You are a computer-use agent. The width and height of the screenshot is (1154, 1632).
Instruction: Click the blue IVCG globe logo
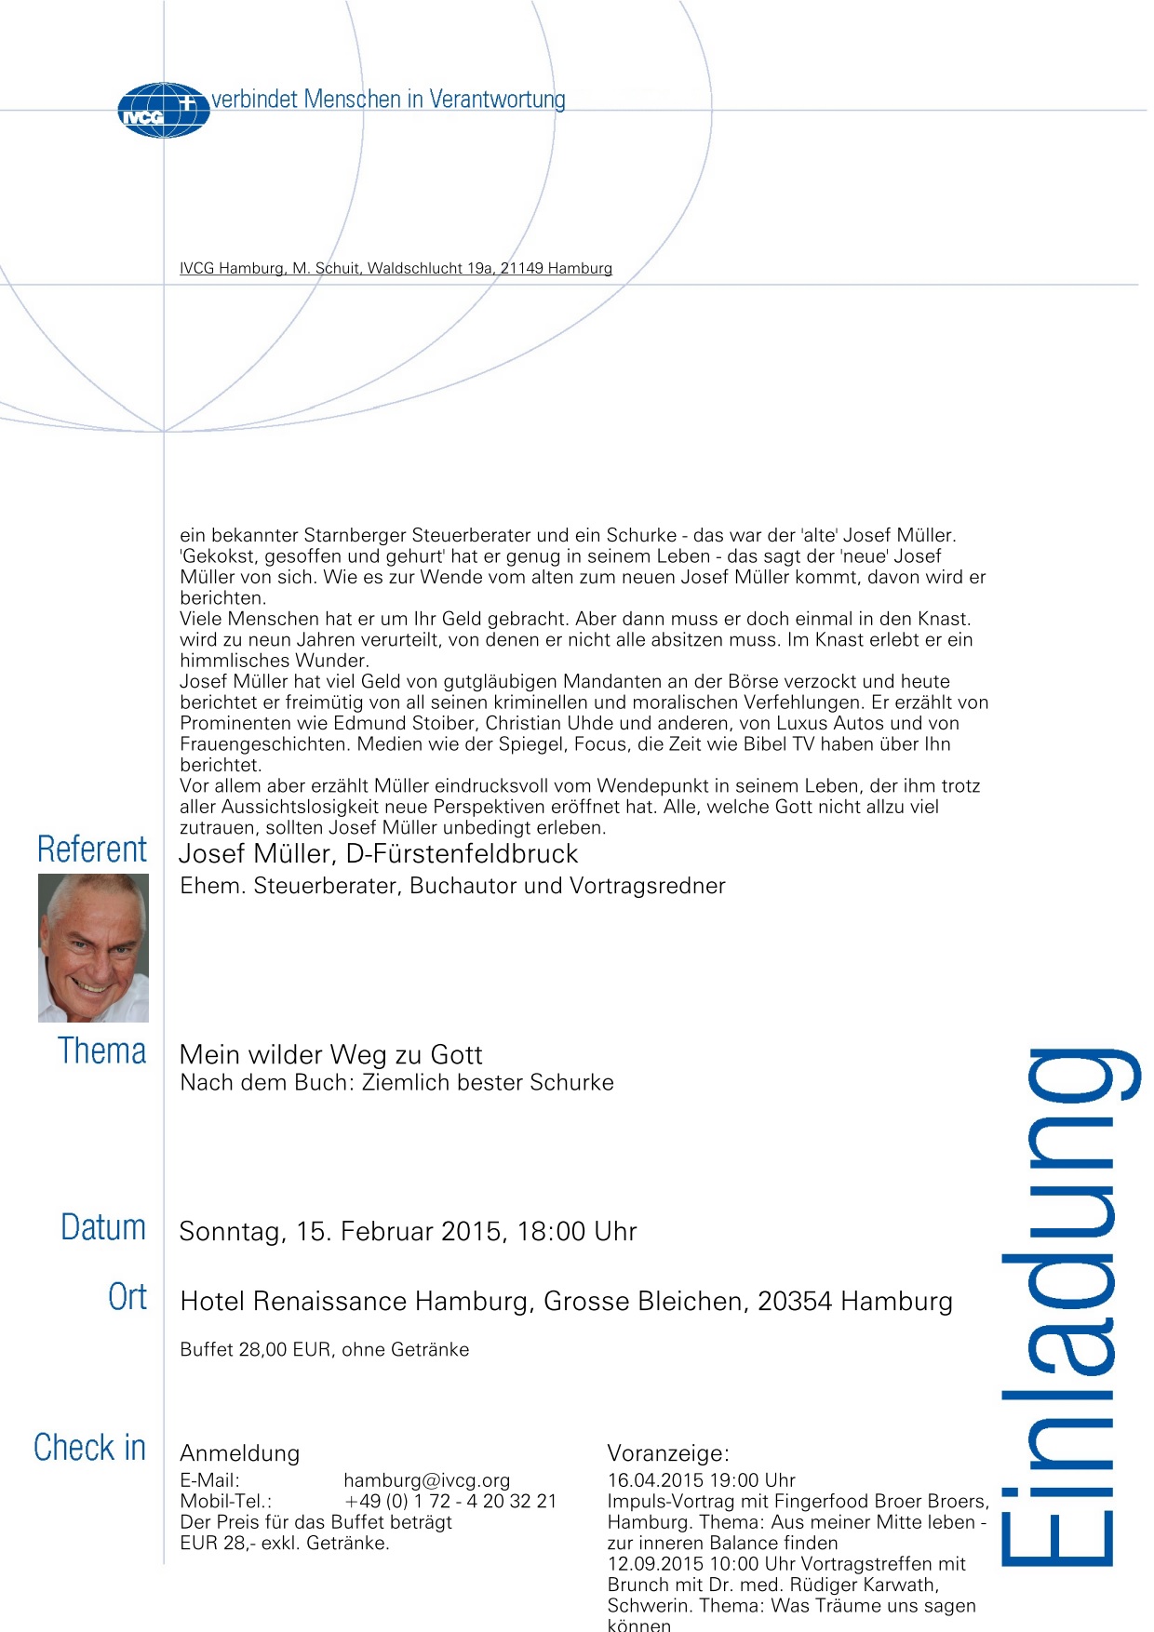pos(163,111)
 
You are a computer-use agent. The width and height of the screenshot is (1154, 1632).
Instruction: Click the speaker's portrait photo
pos(93,947)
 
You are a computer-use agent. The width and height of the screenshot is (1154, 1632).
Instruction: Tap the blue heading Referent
pos(92,849)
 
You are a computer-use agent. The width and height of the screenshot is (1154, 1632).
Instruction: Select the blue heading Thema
pos(102,1051)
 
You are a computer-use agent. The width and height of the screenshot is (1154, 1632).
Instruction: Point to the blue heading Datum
pos(103,1228)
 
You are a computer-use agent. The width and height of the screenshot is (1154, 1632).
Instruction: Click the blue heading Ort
pos(127,1297)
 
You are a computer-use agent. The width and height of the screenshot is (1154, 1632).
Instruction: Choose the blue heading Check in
pos(90,1448)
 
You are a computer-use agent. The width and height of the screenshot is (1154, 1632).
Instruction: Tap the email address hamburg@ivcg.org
pos(426,1480)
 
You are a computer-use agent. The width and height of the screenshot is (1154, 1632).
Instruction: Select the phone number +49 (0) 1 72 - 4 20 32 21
pos(450,1501)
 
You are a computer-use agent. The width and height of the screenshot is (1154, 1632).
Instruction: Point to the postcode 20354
pos(795,1302)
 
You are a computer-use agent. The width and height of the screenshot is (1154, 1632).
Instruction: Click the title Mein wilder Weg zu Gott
pos(330,1055)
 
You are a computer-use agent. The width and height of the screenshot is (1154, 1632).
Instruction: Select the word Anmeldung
pos(239,1453)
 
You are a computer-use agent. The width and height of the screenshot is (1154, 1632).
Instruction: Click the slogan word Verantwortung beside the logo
pos(497,100)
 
